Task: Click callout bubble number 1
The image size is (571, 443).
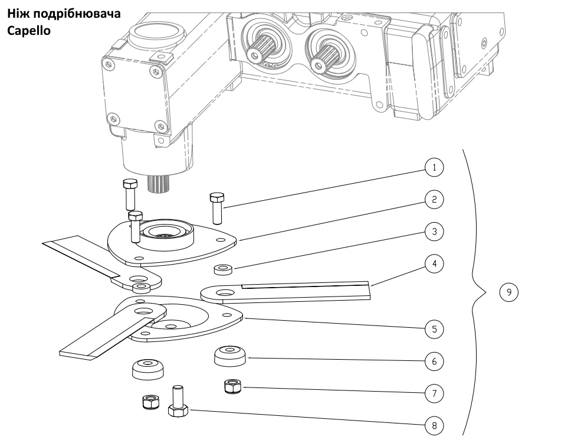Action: [435, 168]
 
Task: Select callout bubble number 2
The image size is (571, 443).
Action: [435, 200]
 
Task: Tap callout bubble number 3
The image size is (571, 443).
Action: [435, 232]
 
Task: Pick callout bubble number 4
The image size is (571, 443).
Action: [435, 264]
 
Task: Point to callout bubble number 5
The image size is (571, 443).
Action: [435, 328]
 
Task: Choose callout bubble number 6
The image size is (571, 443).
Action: [435, 360]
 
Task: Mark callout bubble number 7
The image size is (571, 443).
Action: [435, 392]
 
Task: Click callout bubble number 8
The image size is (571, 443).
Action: [435, 425]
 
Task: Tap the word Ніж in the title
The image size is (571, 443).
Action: [17, 13]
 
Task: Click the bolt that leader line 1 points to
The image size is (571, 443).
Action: [216, 207]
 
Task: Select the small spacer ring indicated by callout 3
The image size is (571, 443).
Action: [223, 271]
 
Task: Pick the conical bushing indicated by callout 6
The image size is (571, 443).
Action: [230, 356]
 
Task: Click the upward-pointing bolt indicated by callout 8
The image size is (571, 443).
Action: [178, 402]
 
